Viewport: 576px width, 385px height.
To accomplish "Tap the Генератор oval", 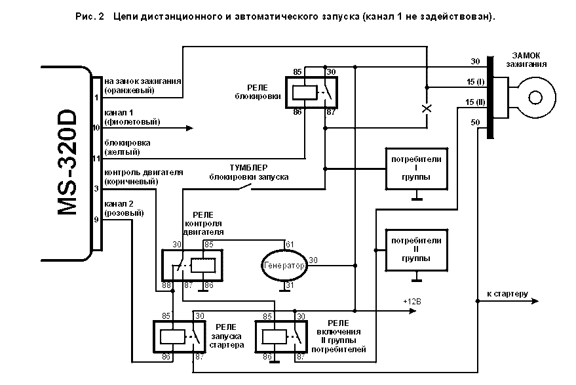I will [284, 266].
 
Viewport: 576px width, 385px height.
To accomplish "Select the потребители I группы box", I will [416, 167].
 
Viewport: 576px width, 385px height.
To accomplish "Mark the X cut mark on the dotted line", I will [427, 108].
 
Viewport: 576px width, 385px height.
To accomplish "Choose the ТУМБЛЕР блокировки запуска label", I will [248, 172].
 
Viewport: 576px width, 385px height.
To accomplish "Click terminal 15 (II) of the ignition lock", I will [474, 102].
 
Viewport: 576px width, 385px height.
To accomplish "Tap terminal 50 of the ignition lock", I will [475, 123].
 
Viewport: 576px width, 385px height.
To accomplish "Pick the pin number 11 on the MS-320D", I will [96, 158].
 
